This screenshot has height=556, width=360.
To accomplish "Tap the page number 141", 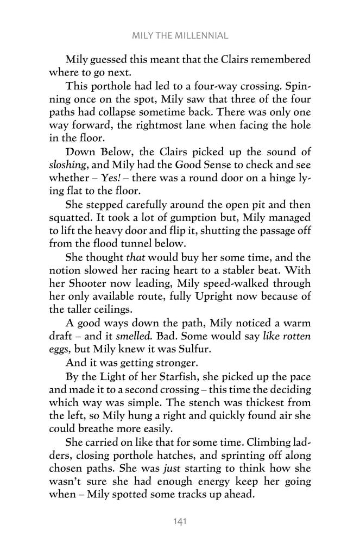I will (180, 522).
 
